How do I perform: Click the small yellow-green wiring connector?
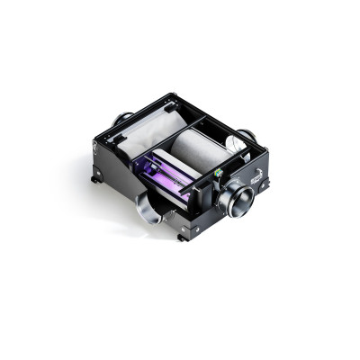219,170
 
